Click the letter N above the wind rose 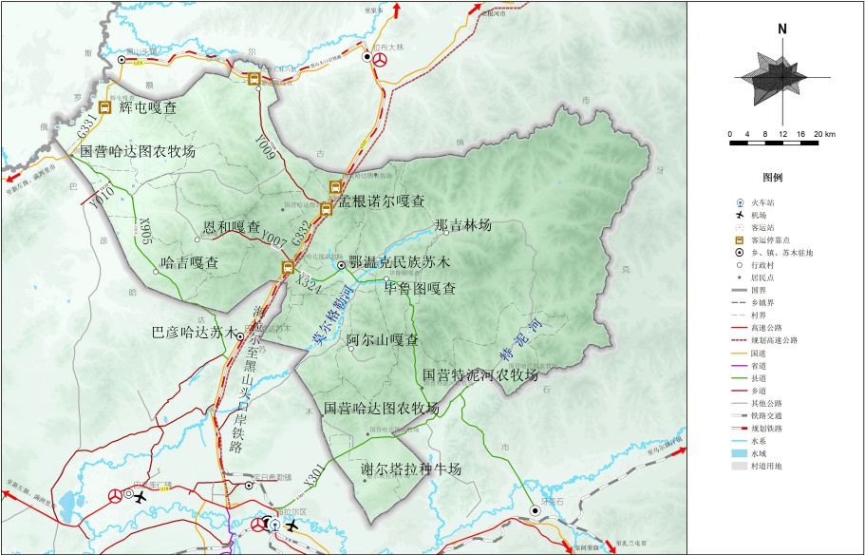[x=781, y=29]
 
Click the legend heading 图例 [x=771, y=177]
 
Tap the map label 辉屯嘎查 [x=148, y=108]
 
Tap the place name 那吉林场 [x=462, y=225]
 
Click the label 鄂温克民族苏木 [x=400, y=261]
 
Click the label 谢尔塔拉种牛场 [x=411, y=469]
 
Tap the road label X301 [x=315, y=477]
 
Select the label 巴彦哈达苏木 [x=193, y=333]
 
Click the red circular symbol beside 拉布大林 [x=380, y=59]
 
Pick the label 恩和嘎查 [x=233, y=228]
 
